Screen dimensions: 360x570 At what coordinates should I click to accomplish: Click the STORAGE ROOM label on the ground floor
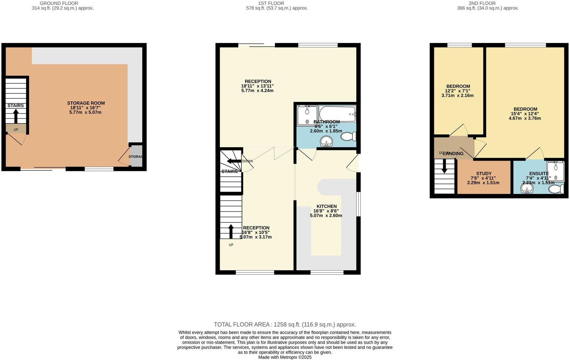86,103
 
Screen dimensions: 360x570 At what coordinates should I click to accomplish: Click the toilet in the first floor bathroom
348,137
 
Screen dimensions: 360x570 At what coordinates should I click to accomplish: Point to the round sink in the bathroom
326,141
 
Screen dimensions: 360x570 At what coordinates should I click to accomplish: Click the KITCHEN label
326,206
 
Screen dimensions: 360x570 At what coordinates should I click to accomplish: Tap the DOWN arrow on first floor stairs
234,161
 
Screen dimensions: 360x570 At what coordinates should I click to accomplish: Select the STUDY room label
483,174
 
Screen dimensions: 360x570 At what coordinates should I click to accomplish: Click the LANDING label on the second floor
453,154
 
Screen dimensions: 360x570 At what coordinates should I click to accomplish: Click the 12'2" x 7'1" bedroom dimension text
458,91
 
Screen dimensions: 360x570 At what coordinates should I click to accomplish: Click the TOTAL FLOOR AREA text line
285,325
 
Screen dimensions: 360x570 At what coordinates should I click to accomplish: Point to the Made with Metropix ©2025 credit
285,357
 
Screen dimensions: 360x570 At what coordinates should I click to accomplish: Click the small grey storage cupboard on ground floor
136,156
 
